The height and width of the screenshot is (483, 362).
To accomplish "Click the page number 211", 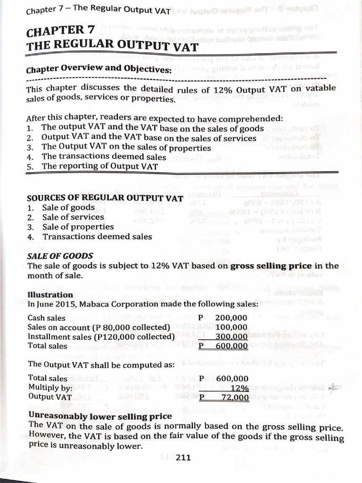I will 182,457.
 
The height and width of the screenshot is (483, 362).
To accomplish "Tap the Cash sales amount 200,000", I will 231,318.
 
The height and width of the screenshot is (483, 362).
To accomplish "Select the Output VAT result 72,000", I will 235,398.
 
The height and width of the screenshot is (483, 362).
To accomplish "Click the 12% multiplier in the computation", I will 240,388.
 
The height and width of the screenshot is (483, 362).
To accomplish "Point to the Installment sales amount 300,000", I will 231,336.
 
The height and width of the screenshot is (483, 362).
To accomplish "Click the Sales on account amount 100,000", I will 231,327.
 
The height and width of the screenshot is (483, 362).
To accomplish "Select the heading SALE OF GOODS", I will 60,256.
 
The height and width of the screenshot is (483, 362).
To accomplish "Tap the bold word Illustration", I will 50,295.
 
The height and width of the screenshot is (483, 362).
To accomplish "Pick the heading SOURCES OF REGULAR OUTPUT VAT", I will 105,198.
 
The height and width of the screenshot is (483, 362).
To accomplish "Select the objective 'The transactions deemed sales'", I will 104,157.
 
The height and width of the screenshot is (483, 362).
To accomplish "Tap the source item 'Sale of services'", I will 73,217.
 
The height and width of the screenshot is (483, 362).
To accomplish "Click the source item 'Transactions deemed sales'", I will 97,236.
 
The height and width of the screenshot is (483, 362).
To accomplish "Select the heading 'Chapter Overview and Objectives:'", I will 99,69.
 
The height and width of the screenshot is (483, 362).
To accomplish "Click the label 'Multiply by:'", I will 50,388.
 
